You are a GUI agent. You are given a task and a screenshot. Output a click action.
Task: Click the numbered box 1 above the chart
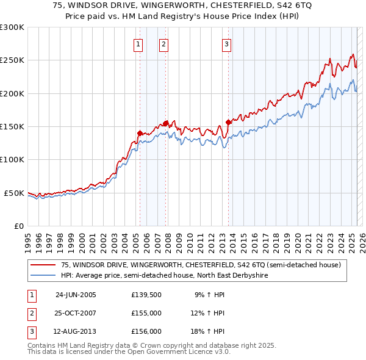click(x=138, y=43)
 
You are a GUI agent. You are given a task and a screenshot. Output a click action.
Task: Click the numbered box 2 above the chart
click(x=165, y=43)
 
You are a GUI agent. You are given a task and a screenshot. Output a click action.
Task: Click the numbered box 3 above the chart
click(x=226, y=43)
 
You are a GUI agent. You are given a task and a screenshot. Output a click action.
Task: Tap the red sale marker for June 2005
click(x=140, y=133)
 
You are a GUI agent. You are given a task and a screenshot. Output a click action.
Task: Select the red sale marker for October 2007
click(x=165, y=123)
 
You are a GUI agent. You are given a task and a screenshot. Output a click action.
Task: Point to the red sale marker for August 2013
click(x=228, y=122)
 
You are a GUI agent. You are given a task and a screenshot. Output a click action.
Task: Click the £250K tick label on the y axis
click(x=12, y=60)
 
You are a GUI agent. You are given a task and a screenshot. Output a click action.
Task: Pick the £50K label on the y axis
click(x=14, y=193)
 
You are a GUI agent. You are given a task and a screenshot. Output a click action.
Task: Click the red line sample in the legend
click(x=43, y=265)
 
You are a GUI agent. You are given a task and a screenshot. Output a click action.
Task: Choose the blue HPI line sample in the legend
click(x=43, y=275)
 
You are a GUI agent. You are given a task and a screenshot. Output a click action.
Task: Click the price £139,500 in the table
click(x=146, y=295)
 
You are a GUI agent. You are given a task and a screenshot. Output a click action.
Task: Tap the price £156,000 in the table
click(x=146, y=331)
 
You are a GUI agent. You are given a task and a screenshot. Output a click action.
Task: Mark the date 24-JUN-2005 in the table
click(x=76, y=295)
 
